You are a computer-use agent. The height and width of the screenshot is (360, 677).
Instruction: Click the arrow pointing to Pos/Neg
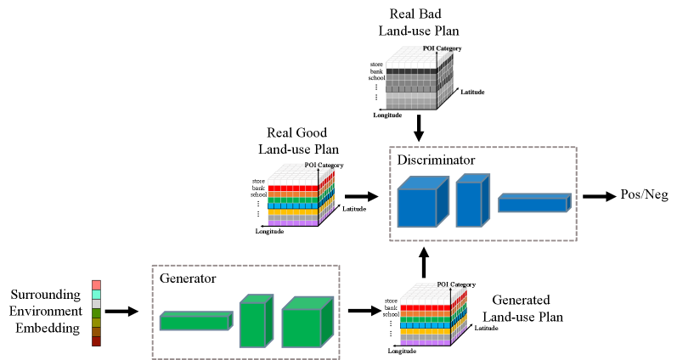(598, 196)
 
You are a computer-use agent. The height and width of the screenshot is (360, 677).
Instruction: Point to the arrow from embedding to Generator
(121, 312)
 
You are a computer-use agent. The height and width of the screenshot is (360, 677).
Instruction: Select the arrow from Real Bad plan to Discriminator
(417, 129)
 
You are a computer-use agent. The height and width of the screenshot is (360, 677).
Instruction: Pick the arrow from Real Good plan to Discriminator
(361, 196)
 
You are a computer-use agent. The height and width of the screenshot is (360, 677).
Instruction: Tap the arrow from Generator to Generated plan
(364, 312)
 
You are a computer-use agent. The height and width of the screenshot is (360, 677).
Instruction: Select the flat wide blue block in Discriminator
(533, 203)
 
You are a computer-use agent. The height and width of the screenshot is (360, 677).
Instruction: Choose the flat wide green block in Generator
(195, 320)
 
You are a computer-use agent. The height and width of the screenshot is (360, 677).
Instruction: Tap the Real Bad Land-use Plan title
(416, 23)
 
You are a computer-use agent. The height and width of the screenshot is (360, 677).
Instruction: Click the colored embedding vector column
(96, 313)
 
